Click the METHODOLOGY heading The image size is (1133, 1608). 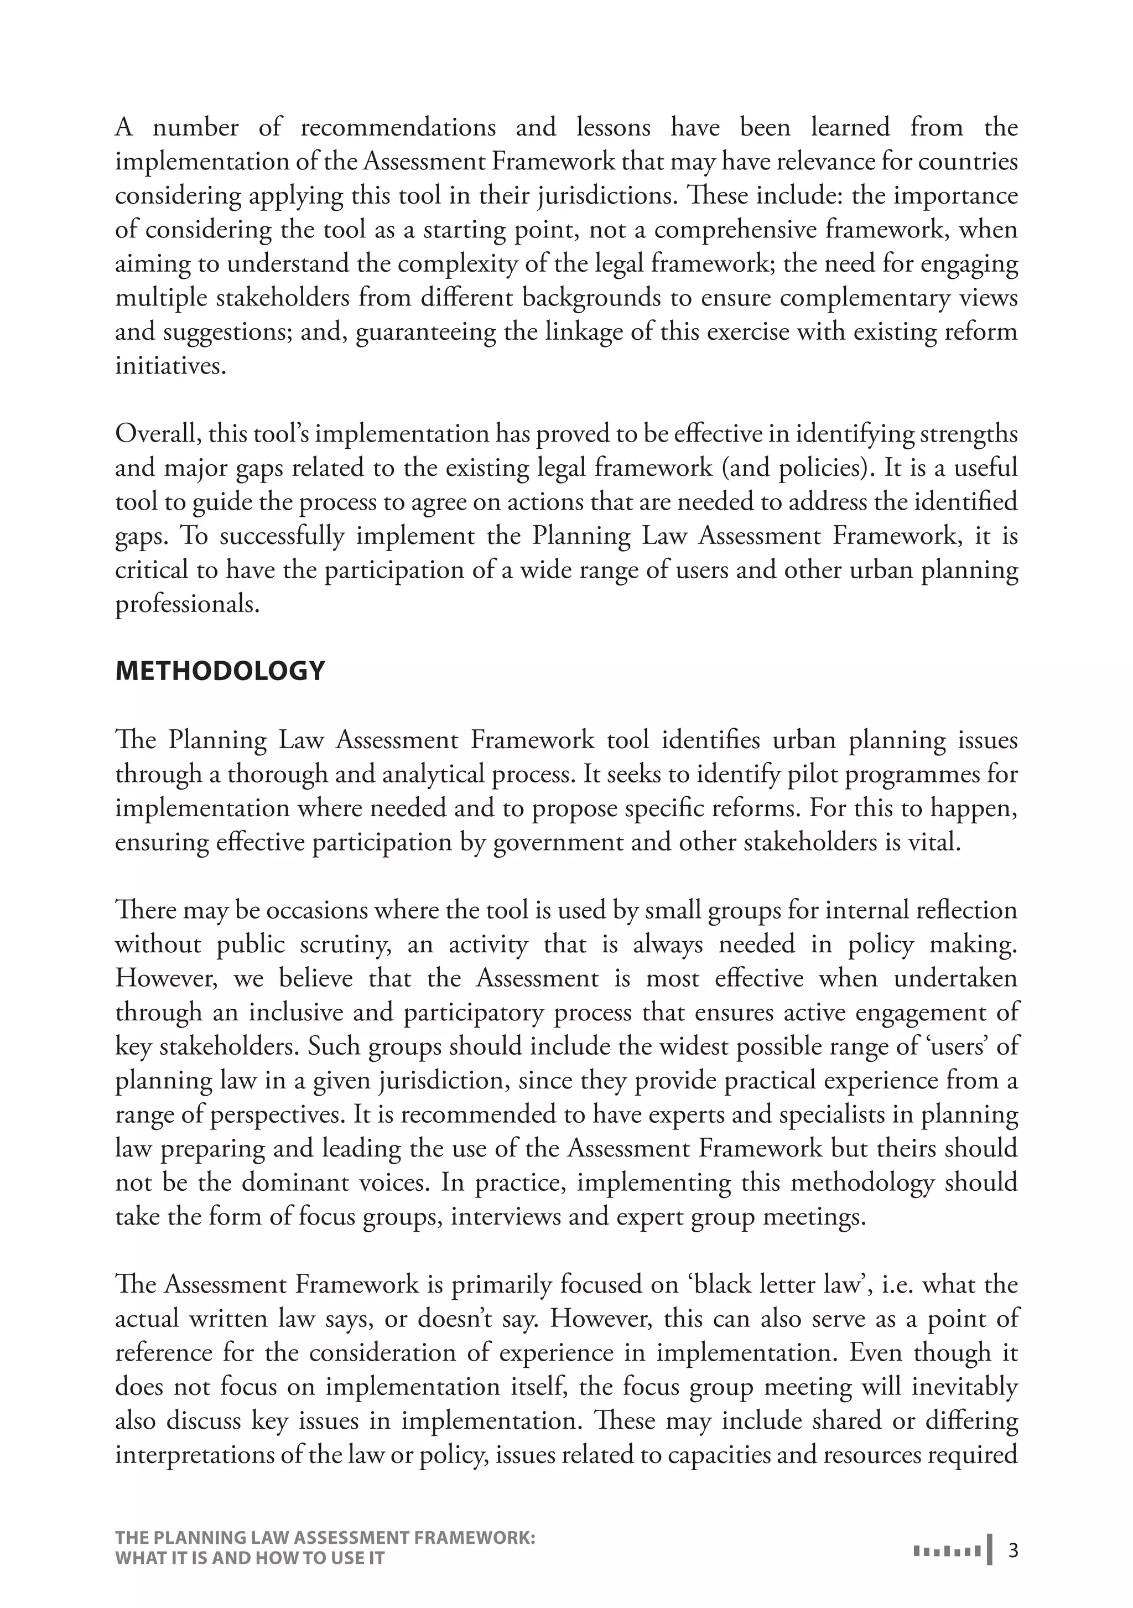click(x=220, y=671)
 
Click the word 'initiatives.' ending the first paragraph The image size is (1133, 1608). click(x=171, y=365)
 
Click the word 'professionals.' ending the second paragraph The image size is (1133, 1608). click(x=188, y=603)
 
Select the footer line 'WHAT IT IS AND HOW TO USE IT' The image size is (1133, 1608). click(x=250, y=1558)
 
